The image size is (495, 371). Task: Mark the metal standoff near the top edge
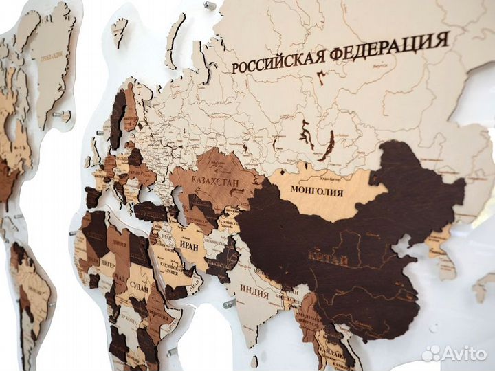pyautogui.click(x=209, y=5)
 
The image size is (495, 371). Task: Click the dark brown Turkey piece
pyautogui.click(x=150, y=210)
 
